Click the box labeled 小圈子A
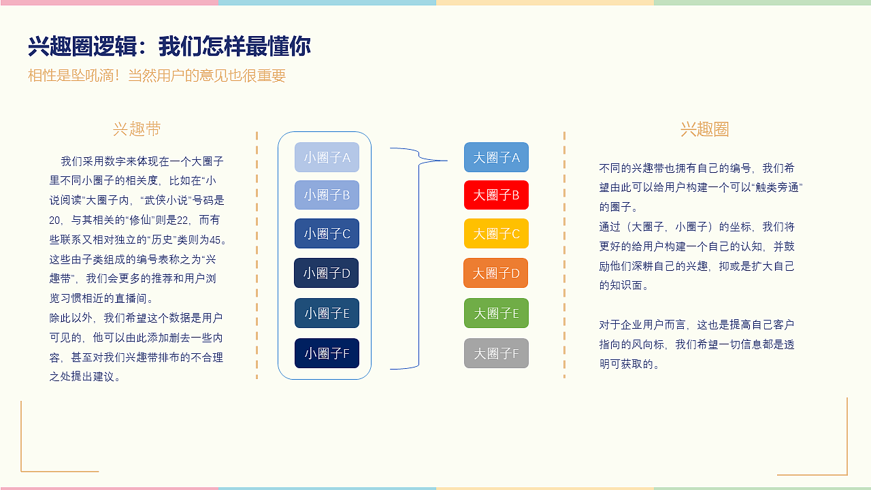(327, 157)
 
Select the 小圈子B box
(327, 195)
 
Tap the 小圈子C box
(327, 233)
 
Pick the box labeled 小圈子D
(327, 273)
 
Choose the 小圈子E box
(327, 313)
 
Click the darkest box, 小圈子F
(327, 353)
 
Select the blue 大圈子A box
(496, 157)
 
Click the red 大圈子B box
(496, 195)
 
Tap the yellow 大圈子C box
(496, 233)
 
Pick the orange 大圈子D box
(496, 273)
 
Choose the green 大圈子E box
(496, 313)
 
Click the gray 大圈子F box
(496, 353)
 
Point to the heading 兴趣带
(137, 129)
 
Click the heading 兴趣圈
(704, 129)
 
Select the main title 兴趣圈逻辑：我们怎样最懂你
(169, 47)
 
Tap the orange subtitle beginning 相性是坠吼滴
(157, 76)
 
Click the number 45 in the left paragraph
(218, 240)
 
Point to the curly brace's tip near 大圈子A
(446, 161)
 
